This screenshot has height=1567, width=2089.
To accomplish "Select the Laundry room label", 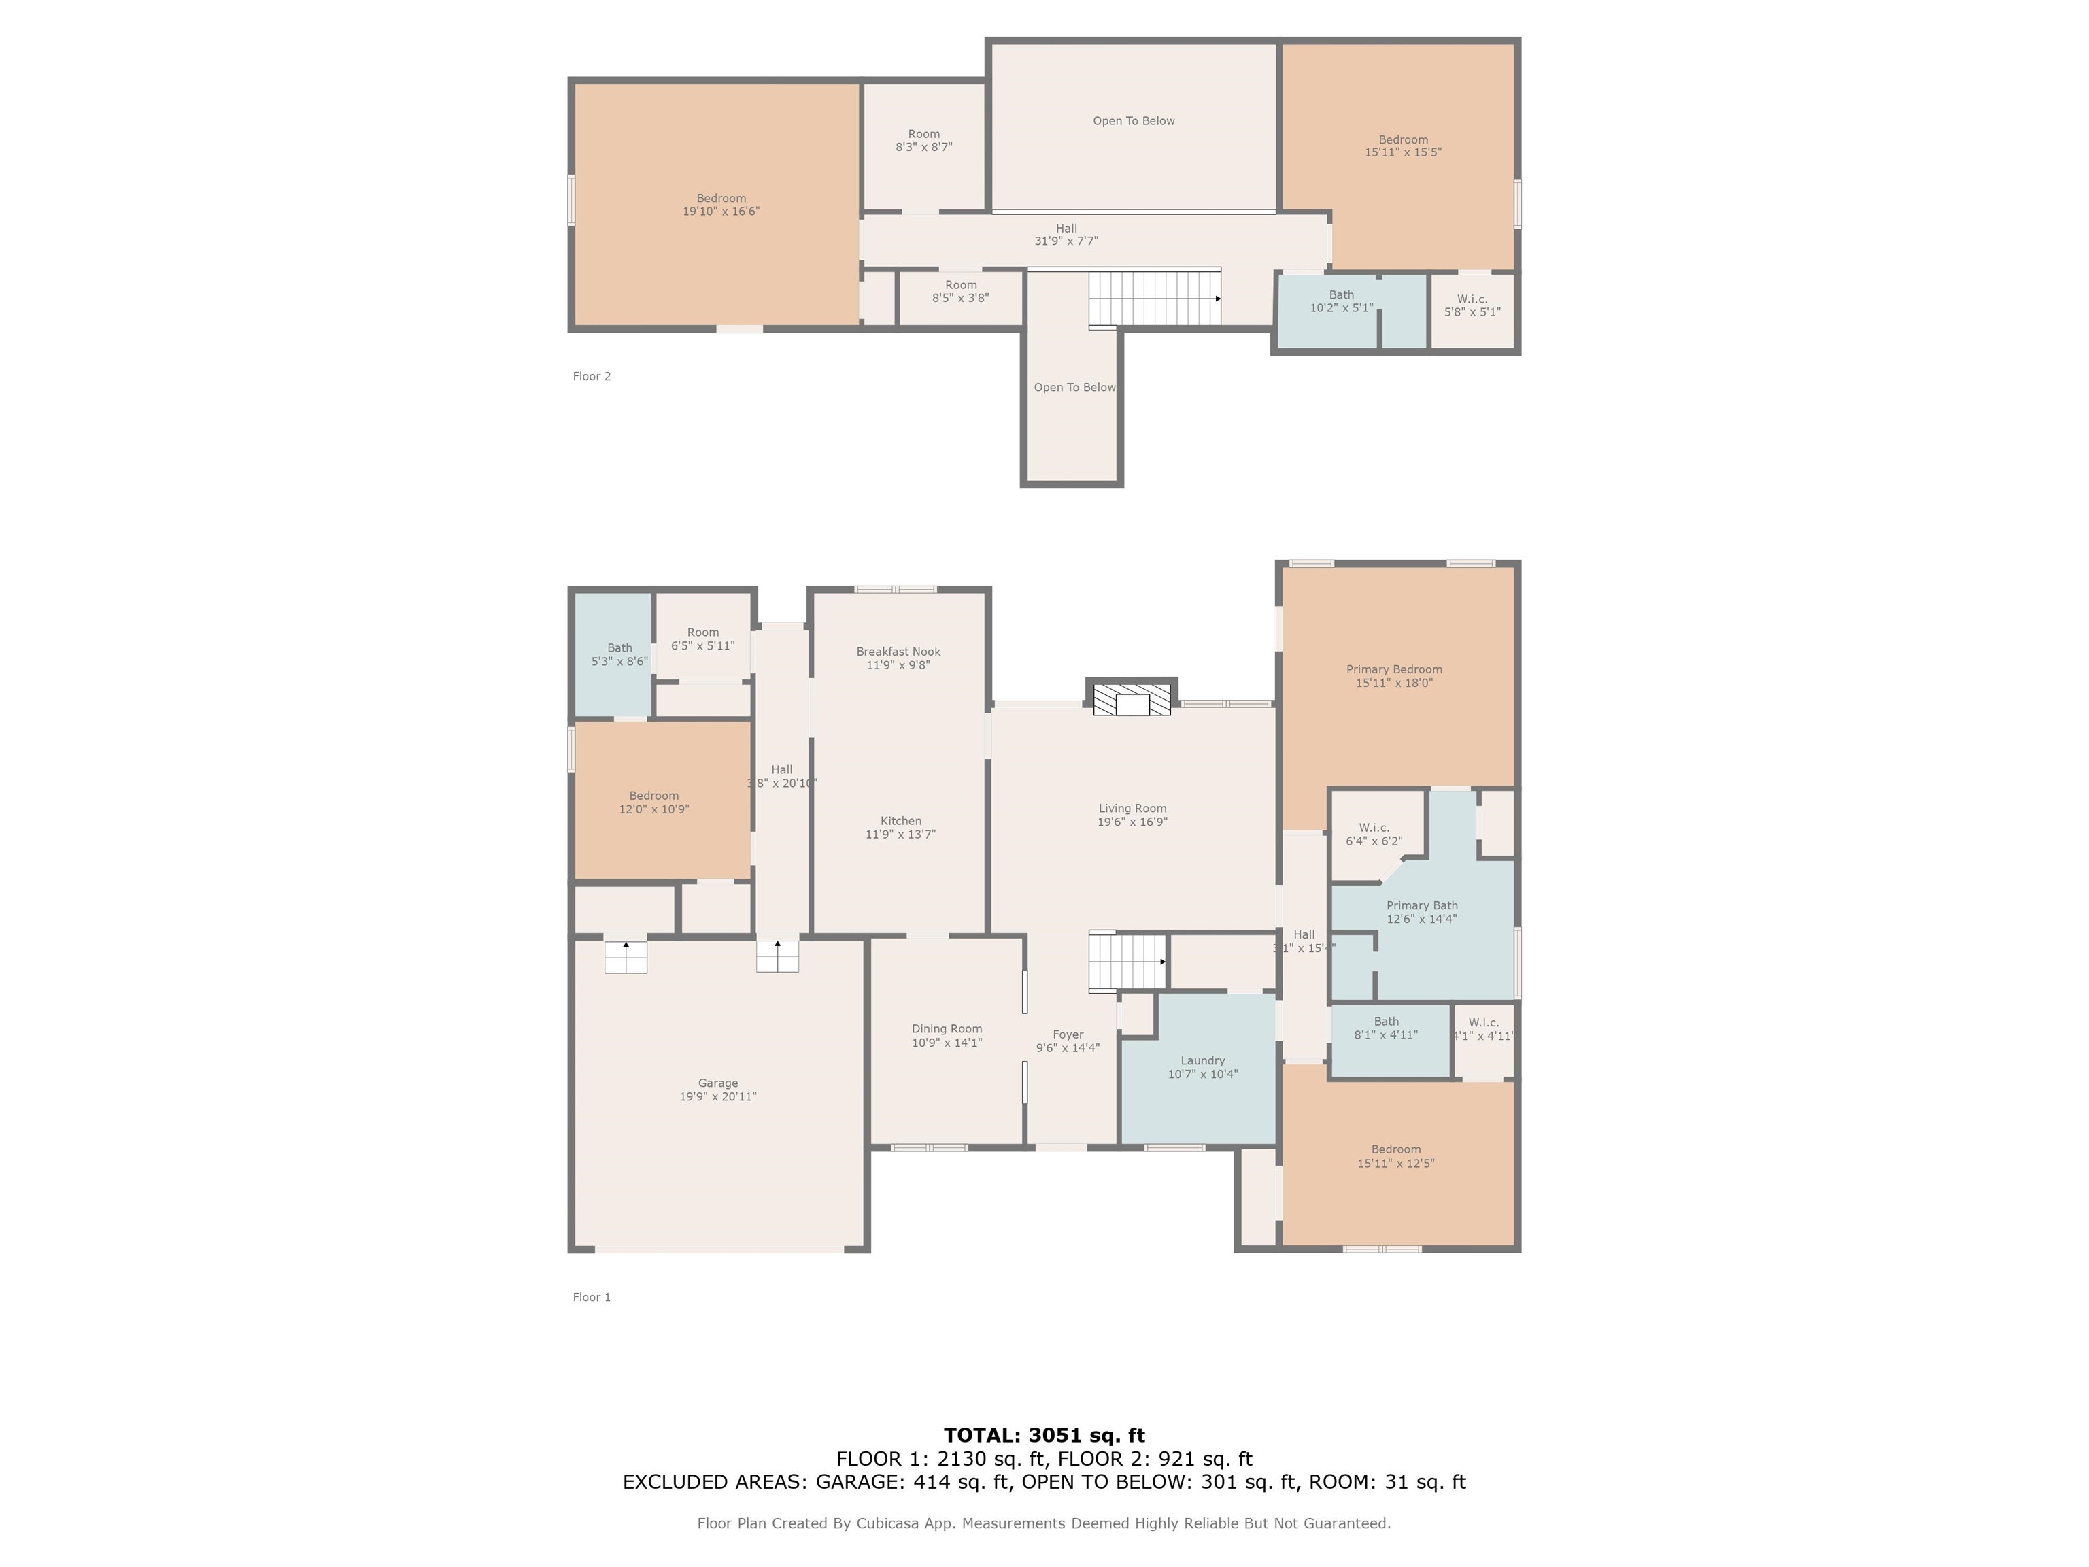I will click(1202, 1061).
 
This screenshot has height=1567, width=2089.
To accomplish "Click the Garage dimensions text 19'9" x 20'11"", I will click(717, 1096).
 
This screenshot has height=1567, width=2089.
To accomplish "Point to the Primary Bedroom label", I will click(1394, 670).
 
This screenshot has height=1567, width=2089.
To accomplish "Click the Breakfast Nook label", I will click(898, 652).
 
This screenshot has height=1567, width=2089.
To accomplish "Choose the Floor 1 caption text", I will click(591, 1297).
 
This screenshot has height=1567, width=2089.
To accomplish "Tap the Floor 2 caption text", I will click(591, 376).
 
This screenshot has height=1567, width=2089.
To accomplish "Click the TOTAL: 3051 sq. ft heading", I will click(1044, 1436).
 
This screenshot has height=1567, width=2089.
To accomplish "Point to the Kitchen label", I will click(901, 821).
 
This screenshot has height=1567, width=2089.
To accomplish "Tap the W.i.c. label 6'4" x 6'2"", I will click(1374, 834).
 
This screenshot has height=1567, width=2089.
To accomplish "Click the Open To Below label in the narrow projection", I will click(1074, 387).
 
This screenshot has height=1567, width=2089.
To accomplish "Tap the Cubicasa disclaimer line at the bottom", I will click(1044, 1523).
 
